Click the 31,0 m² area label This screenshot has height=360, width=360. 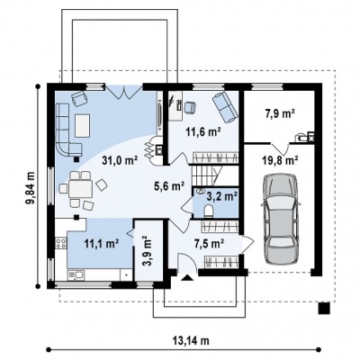(120, 161)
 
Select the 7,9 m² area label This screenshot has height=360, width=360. (280, 114)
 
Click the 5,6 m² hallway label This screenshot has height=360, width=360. (169, 186)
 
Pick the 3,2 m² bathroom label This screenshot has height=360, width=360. (222, 196)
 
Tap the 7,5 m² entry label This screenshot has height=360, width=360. (210, 243)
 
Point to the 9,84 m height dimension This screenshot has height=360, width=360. (30, 188)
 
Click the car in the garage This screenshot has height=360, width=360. (281, 220)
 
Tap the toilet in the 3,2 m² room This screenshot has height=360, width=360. (208, 211)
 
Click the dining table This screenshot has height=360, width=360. (80, 188)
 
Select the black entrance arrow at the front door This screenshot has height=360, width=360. (187, 278)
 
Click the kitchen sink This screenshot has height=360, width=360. (76, 274)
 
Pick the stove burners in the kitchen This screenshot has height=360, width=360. (60, 243)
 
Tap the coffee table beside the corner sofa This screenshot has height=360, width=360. (83, 125)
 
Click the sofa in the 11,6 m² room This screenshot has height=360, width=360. (225, 107)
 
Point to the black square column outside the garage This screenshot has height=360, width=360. (324, 308)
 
